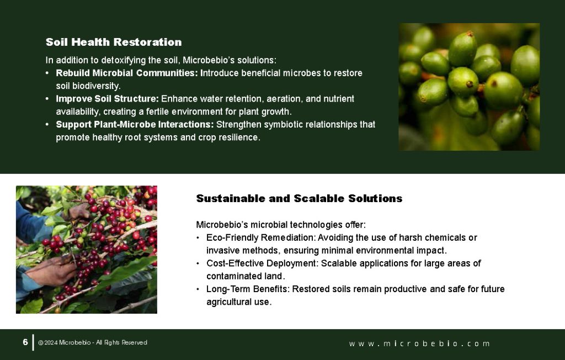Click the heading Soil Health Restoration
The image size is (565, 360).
[x=114, y=42]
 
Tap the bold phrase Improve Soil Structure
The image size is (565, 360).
[x=107, y=98]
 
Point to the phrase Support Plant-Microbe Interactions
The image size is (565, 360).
[x=135, y=124]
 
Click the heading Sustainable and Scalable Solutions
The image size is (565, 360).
[x=299, y=198]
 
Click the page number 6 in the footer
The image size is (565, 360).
[x=25, y=342]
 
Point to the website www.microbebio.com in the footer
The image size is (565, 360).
[x=419, y=343]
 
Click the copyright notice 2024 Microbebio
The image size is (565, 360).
[x=93, y=343]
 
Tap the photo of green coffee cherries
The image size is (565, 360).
[x=469, y=87]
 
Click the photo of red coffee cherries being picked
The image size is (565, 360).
[x=87, y=250]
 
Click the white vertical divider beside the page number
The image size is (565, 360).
[x=33, y=342]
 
